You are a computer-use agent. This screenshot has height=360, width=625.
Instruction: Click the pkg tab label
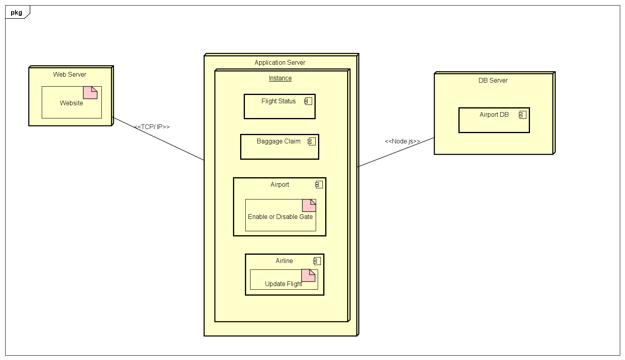pyautogui.click(x=16, y=12)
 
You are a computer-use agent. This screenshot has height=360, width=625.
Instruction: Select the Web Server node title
pyautogui.click(x=70, y=74)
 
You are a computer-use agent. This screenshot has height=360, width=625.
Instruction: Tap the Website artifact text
pyautogui.click(x=72, y=103)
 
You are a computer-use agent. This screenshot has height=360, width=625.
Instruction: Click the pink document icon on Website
pyautogui.click(x=90, y=93)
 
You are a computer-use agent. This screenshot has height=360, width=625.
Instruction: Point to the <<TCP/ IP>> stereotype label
pyautogui.click(x=152, y=127)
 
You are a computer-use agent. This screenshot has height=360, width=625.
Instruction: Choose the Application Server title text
pyautogui.click(x=280, y=62)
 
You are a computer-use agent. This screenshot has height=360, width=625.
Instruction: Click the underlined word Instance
pyautogui.click(x=280, y=78)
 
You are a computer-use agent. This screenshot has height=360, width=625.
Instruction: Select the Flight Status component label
pyautogui.click(x=278, y=101)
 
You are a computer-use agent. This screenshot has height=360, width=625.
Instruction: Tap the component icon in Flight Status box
pyautogui.click(x=308, y=101)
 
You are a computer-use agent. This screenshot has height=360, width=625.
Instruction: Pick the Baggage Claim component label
pyautogui.click(x=278, y=141)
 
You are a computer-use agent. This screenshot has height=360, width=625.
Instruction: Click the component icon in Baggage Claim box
pyautogui.click(x=312, y=141)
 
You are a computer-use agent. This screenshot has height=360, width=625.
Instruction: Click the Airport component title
pyautogui.click(x=280, y=184)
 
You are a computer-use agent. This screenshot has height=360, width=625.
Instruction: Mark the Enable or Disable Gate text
pyautogui.click(x=280, y=217)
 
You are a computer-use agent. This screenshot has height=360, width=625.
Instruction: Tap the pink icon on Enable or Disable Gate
pyautogui.click(x=309, y=205)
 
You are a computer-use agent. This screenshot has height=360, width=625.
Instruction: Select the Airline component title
pyautogui.click(x=284, y=261)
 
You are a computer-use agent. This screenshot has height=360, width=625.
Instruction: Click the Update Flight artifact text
pyautogui.click(x=283, y=284)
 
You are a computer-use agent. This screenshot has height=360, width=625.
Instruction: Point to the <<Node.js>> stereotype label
pyautogui.click(x=402, y=141)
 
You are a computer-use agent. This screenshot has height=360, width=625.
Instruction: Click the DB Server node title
pyautogui.click(x=493, y=80)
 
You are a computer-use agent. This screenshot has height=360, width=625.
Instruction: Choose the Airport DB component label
pyautogui.click(x=494, y=114)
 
